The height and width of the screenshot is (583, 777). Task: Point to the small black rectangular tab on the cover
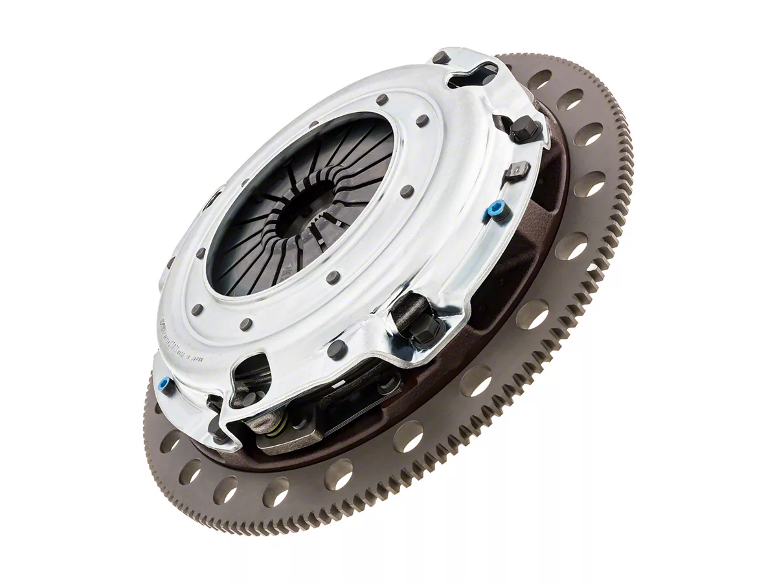coord(515,171)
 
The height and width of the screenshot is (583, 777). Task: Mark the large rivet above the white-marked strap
coord(337,350)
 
